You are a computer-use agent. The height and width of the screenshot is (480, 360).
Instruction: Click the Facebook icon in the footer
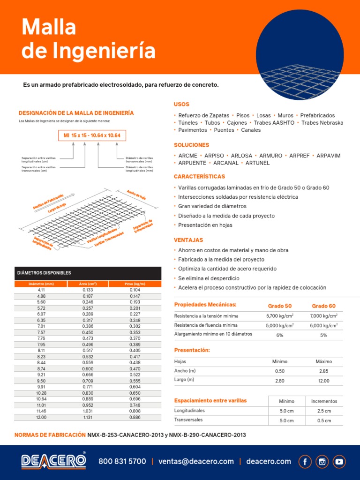click(x=305, y=461)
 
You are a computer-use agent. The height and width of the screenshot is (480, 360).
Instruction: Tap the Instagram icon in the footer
click(x=322, y=461)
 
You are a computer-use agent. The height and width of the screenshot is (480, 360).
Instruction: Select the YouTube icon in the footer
click(x=339, y=461)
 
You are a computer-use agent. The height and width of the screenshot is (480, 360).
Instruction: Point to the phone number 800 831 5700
click(x=122, y=461)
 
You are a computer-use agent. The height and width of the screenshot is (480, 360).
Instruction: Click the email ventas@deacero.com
click(x=196, y=461)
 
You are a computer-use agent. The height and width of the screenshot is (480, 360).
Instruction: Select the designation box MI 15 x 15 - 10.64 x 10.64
click(x=92, y=135)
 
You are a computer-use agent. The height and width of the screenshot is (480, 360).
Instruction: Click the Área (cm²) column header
click(x=88, y=284)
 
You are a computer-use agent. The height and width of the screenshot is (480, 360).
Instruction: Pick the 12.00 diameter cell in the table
click(x=42, y=417)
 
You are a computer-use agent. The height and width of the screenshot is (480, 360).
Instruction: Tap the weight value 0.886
click(x=135, y=417)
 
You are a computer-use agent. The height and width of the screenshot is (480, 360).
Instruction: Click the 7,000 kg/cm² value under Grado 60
click(x=323, y=316)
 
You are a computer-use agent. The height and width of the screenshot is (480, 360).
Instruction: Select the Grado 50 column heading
click(x=279, y=306)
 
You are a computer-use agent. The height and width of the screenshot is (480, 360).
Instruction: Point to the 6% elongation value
click(x=279, y=335)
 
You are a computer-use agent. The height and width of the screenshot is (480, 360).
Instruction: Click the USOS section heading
click(x=181, y=104)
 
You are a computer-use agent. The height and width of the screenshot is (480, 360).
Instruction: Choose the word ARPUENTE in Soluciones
click(x=190, y=163)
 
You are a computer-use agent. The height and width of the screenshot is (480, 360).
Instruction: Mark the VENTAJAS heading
click(x=188, y=240)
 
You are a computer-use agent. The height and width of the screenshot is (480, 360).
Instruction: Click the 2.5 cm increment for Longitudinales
click(x=323, y=411)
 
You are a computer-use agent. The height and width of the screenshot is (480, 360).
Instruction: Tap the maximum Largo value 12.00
click(x=323, y=381)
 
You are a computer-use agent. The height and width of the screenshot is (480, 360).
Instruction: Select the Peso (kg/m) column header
click(x=135, y=284)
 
